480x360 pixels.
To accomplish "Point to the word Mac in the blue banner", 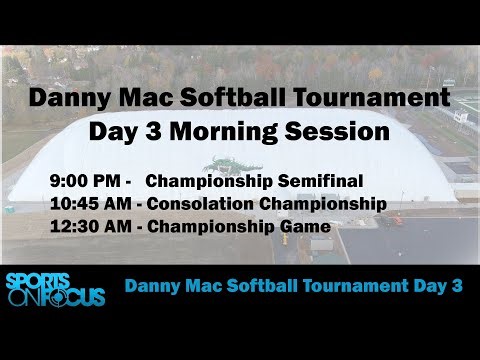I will coord(193,285).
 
